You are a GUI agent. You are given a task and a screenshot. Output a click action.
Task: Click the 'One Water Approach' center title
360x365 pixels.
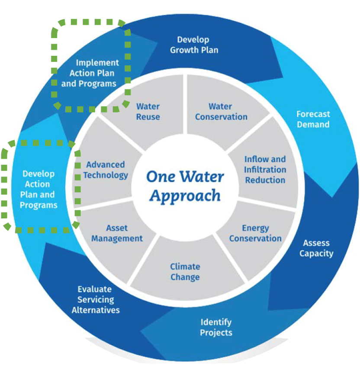185,186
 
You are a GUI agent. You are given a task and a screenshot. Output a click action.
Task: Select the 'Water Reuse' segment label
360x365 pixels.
148,111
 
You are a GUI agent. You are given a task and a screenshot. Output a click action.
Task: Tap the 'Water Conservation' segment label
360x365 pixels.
221,111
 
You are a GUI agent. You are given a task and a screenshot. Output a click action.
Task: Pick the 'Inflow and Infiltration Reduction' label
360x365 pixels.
265,170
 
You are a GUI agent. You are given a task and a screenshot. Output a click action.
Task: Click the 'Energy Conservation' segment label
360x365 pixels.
255,233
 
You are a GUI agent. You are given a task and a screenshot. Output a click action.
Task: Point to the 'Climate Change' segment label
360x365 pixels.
185,271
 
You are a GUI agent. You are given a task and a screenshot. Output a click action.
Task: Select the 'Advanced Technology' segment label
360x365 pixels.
106,170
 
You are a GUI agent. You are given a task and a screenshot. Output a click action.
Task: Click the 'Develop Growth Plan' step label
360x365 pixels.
193,45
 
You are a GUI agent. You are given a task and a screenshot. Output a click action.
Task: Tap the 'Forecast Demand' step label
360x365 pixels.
313,119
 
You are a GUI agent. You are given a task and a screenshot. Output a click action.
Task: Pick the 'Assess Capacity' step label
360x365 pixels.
316,248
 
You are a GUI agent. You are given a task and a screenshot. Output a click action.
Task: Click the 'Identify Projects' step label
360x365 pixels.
216,327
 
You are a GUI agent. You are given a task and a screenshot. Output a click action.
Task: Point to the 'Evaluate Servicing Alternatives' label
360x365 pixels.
96,300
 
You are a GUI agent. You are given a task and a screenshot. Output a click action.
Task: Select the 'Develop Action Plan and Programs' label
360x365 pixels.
39,189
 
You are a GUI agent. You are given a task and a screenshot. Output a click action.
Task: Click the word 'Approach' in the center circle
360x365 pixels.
185,196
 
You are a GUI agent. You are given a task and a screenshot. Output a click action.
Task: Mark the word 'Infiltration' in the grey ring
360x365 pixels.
265,170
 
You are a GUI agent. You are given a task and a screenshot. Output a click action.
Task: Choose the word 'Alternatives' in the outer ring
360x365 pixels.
96,310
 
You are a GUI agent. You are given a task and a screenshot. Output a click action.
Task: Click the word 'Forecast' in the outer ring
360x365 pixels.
313,114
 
